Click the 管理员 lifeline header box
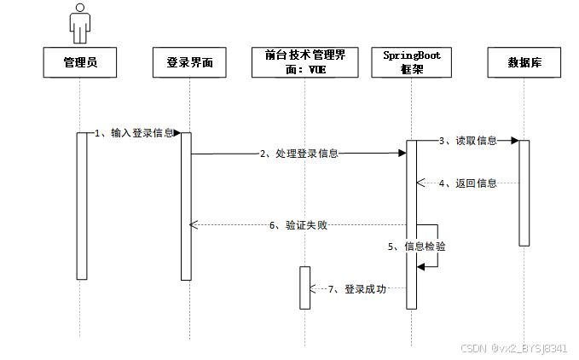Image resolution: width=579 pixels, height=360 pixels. tap(80, 62)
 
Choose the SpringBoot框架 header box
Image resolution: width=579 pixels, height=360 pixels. tap(412, 62)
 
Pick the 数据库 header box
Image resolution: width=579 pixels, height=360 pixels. tap(524, 62)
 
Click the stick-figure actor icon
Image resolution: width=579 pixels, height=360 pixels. tap(80, 23)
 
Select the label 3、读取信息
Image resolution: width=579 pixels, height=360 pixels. tap(467, 140)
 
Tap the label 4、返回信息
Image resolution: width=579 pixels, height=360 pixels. tap(467, 183)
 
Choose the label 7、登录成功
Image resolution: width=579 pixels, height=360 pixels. tap(357, 289)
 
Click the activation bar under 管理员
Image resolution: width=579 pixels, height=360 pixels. tap(82, 205)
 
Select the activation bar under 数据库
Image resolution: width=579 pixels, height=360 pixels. tap(524, 192)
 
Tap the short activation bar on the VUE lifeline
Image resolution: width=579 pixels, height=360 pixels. tap(304, 287)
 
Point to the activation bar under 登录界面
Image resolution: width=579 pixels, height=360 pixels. tap(186, 205)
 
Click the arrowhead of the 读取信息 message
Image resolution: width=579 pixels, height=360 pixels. tap(514, 140)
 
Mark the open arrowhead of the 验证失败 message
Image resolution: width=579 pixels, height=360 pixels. tap(194, 225)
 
